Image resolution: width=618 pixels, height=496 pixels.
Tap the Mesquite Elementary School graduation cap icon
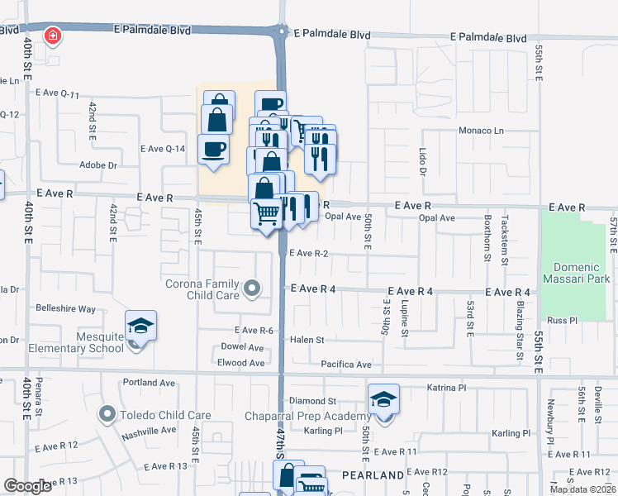click(140, 327)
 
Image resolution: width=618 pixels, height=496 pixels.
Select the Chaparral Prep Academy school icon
click(383, 400)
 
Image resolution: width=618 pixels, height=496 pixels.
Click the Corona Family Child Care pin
click(254, 289)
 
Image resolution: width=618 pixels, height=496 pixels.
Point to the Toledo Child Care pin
click(107, 413)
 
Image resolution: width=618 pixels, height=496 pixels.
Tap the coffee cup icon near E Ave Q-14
click(214, 150)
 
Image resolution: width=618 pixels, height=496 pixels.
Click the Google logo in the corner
click(27, 486)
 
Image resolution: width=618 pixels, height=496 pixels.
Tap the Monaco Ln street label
click(481, 131)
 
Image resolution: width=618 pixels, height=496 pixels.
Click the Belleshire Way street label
click(65, 308)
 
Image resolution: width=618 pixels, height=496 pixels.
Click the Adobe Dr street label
click(97, 165)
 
